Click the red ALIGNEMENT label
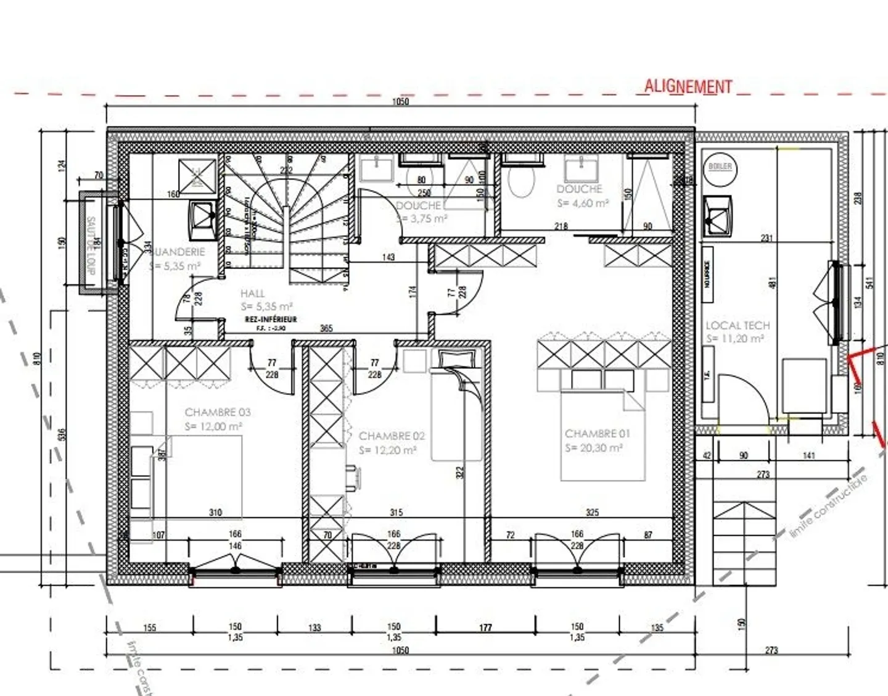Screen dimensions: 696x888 (688, 86)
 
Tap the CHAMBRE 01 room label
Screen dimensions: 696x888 (597, 434)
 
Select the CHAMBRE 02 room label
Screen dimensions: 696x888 (392, 436)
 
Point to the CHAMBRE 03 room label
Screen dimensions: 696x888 (218, 412)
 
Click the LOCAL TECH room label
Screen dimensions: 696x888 (738, 325)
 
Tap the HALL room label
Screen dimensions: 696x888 (252, 294)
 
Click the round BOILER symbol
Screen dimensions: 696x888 (720, 167)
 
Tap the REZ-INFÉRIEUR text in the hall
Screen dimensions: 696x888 (270, 320)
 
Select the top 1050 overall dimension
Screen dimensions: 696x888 (400, 102)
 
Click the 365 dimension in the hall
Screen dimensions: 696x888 (326, 328)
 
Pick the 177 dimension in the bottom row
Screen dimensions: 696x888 (485, 628)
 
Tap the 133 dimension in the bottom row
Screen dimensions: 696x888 (314, 628)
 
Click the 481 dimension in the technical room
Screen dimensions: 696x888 (772, 281)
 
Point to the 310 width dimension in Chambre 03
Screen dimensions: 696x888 (215, 512)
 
